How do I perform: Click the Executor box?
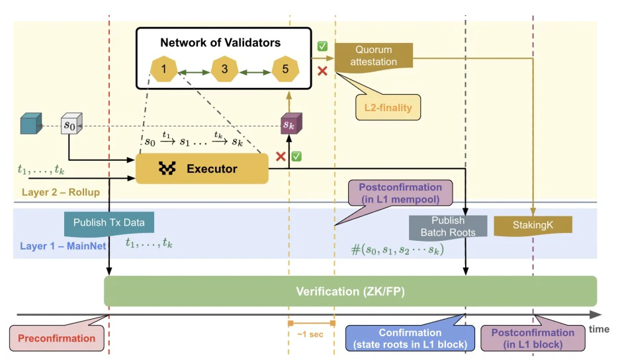pyautogui.click(x=202, y=169)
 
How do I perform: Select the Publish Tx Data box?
pyautogui.click(x=109, y=222)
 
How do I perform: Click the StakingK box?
pyautogui.click(x=532, y=225)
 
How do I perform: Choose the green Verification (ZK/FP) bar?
pyautogui.click(x=351, y=291)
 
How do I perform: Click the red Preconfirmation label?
pyautogui.click(x=57, y=337)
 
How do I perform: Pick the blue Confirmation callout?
pyautogui.click(x=410, y=338)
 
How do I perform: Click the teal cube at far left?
pyautogui.click(x=30, y=124)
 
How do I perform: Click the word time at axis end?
pyautogui.click(x=599, y=329)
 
